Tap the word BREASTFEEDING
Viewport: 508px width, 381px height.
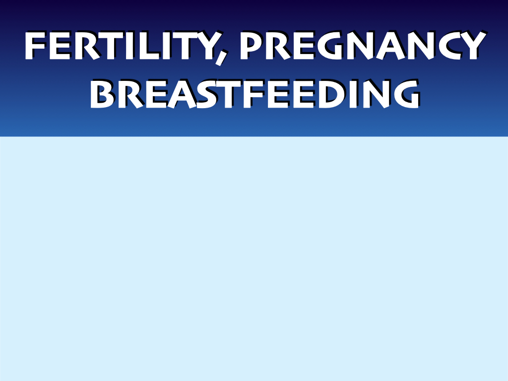coord(255,94)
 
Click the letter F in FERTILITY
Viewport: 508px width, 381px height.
coord(35,45)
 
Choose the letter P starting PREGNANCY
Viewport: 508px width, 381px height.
coord(252,45)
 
